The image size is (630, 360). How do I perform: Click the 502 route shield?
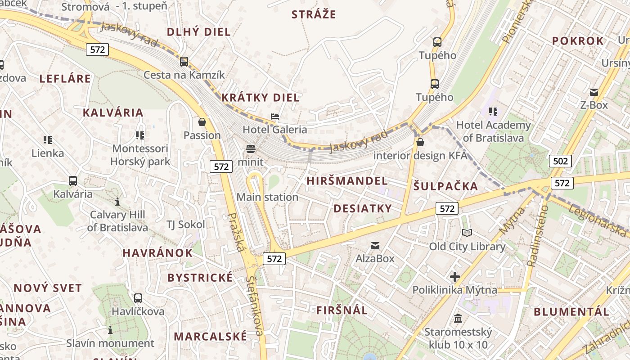[x=560, y=161]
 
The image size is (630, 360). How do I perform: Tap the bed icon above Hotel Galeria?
[x=275, y=117]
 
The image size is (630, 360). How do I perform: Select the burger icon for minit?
[x=251, y=149]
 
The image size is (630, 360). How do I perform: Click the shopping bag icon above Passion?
[x=202, y=122]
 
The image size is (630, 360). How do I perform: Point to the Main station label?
[x=267, y=197]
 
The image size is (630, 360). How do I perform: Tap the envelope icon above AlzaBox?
[x=375, y=245]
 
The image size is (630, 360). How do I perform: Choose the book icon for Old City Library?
[x=467, y=233]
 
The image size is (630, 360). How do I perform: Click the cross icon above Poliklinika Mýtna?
[x=455, y=277]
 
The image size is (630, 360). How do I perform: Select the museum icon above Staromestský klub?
[x=458, y=319]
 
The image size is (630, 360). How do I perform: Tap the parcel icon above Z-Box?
[x=594, y=92]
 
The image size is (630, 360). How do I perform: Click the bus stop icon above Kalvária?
[x=73, y=181]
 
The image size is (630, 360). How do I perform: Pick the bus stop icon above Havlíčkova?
[x=138, y=298]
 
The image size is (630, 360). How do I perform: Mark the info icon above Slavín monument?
[x=110, y=330]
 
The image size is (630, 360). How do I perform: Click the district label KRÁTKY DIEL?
[x=260, y=98]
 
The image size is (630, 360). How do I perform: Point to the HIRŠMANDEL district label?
[x=347, y=181]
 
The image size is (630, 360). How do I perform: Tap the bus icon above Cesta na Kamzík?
[x=184, y=62]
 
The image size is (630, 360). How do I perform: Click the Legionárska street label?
[x=597, y=220]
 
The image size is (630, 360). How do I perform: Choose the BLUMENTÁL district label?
[x=571, y=311]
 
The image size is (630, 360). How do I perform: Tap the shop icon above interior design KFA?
[x=420, y=143]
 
